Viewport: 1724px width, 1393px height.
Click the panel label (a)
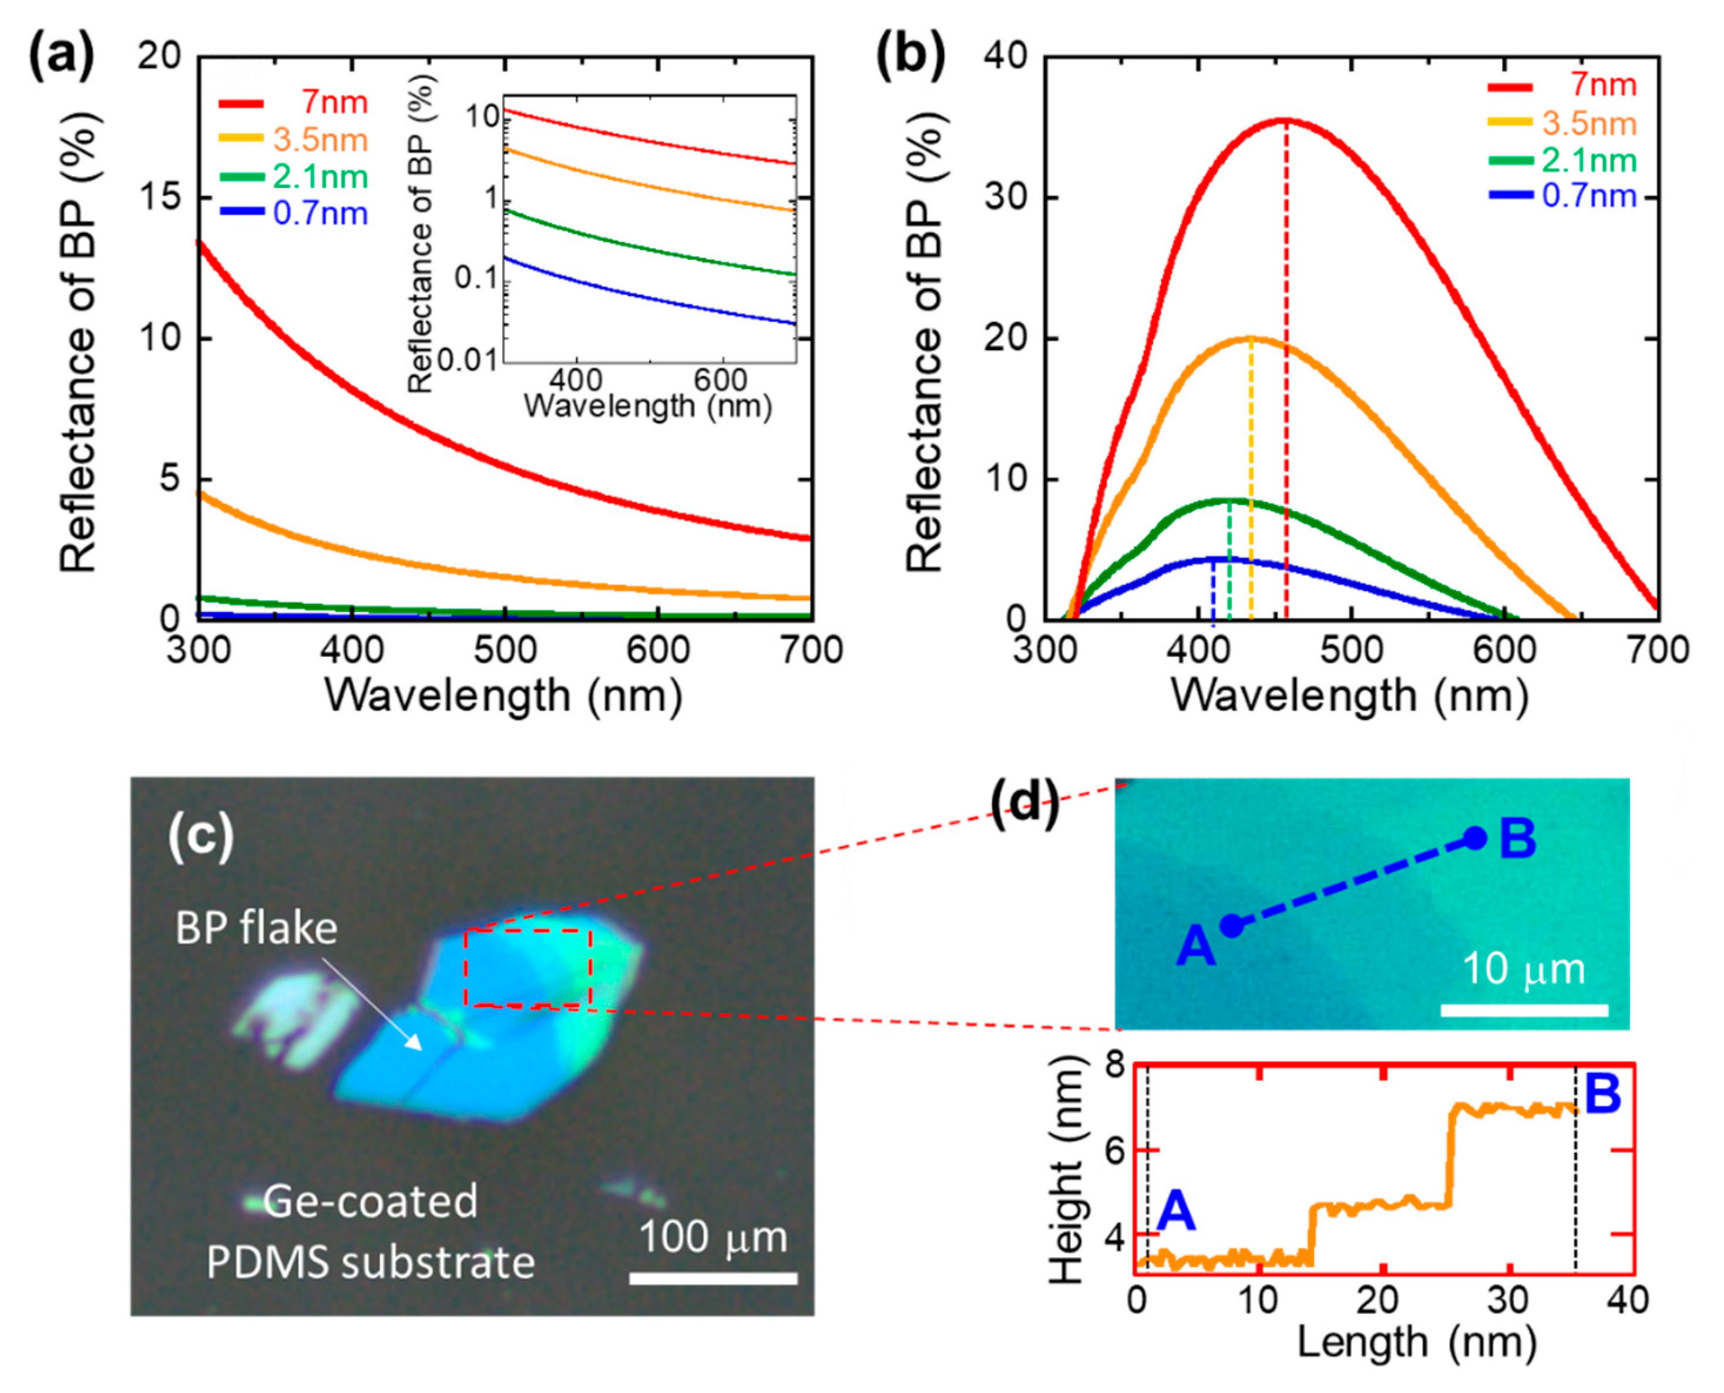click(x=62, y=58)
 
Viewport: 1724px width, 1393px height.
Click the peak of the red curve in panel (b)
click(x=1285, y=120)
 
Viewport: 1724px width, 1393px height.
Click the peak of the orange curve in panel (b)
click(x=1250, y=338)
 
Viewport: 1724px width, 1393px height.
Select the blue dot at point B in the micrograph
click(x=1474, y=838)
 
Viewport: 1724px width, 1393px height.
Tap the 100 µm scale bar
click(x=713, y=1277)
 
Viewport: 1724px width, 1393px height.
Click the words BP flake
click(x=256, y=928)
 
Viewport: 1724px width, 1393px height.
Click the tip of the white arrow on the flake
click(x=419, y=1047)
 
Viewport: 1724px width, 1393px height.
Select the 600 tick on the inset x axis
click(x=720, y=380)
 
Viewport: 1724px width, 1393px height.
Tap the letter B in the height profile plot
click(x=1602, y=1095)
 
